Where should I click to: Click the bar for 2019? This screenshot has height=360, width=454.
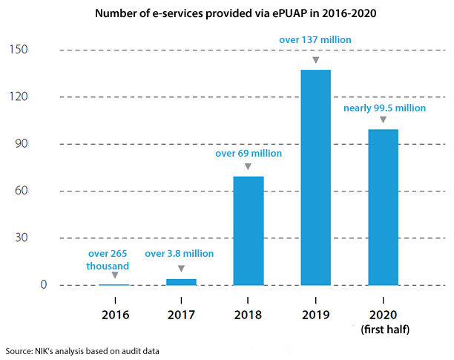[315, 178]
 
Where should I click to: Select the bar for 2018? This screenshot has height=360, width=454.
[249, 231]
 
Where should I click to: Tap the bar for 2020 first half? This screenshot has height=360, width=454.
[383, 208]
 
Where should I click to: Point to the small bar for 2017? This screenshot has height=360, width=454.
[181, 282]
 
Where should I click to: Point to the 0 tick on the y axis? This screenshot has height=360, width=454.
[23, 285]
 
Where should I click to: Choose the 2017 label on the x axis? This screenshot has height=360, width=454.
[181, 314]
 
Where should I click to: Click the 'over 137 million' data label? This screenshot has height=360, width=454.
[315, 39]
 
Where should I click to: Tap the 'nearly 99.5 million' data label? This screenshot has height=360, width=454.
[384, 108]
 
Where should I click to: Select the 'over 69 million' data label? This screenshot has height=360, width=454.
[249, 154]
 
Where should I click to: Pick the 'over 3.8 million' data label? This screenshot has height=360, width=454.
[179, 254]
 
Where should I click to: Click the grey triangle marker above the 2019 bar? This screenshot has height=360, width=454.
[315, 59]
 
